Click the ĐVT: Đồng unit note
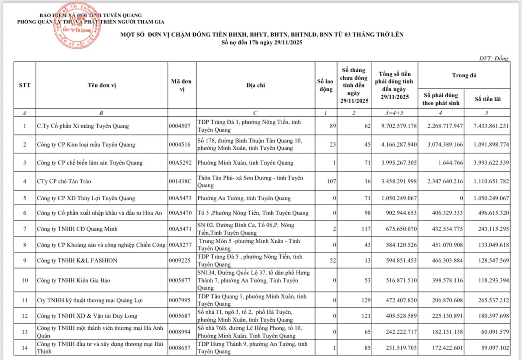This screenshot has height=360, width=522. coord(493,58)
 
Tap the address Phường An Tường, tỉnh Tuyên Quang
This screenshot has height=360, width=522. coord(244,199)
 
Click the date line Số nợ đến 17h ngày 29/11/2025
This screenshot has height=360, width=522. coord(261,42)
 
